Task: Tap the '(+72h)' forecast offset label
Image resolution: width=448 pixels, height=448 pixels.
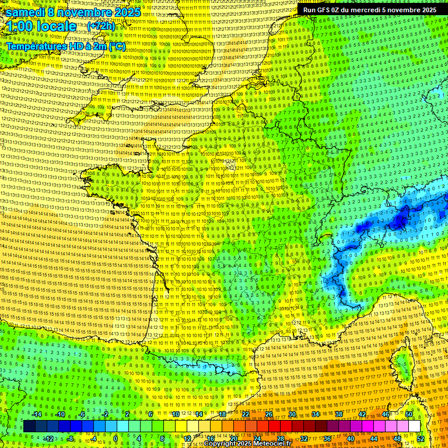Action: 101,26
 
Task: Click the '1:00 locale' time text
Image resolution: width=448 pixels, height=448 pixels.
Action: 42,26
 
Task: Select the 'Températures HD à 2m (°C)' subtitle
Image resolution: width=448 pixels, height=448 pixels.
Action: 65,45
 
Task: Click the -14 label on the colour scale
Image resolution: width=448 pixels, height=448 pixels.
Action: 38,414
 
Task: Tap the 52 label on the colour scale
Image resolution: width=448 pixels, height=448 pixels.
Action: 421,439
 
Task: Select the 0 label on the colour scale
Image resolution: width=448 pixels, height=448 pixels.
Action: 116,439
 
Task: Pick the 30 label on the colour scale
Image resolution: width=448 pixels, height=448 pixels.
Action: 292,414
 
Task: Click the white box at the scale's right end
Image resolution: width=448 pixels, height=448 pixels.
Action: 415,426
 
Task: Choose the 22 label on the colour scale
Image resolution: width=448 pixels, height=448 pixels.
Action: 246,414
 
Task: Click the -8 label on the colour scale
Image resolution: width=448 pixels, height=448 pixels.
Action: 71,439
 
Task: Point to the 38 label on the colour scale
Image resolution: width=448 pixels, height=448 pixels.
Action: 338,414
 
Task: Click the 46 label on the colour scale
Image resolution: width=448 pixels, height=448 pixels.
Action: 385,414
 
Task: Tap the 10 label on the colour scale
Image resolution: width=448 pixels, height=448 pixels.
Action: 175,414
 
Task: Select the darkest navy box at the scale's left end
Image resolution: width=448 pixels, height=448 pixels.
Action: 29,426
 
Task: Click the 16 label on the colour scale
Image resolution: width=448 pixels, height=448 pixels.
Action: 211,439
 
